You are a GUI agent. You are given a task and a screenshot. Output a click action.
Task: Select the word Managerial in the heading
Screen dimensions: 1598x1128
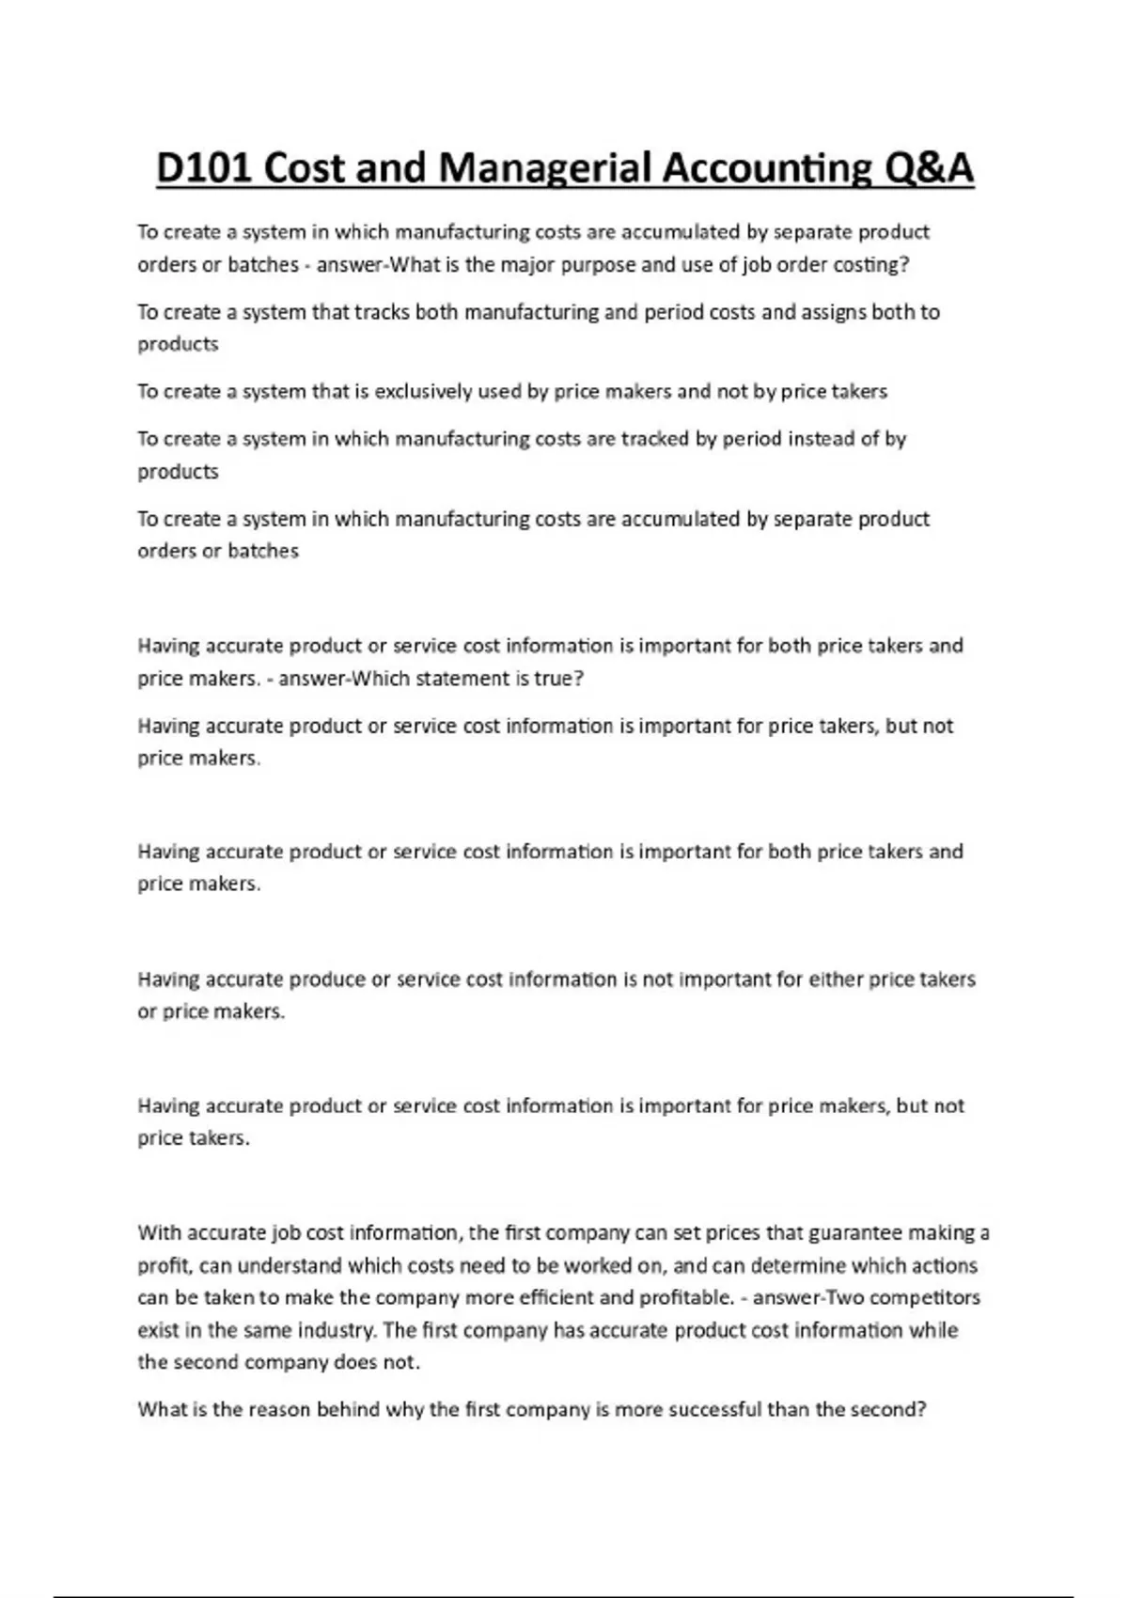tap(544, 169)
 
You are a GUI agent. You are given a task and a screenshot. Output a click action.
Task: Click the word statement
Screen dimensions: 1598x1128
tap(466, 679)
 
